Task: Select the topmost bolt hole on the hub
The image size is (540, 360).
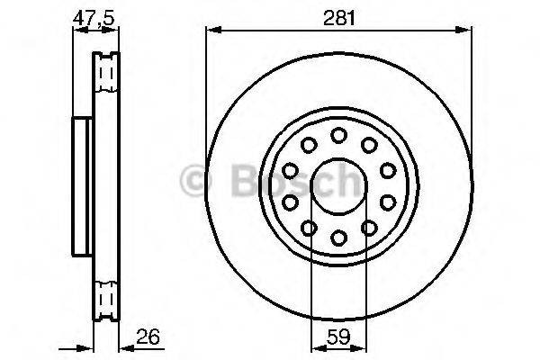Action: tap(338, 135)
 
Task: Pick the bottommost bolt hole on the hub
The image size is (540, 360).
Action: tap(338, 238)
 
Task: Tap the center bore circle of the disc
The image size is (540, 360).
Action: tap(338, 186)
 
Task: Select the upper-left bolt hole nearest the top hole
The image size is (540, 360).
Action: tap(309, 145)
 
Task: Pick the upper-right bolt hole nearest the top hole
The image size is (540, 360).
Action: tap(368, 145)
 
